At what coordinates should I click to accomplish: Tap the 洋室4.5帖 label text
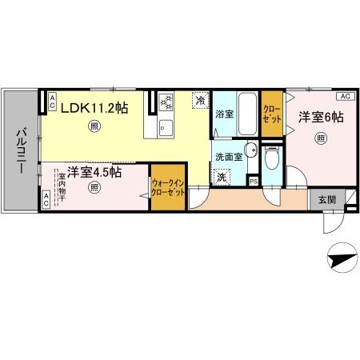coord(94,171)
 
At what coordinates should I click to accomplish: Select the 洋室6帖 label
coord(321,118)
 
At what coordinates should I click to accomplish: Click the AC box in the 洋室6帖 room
coord(345,96)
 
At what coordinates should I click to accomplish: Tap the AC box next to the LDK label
coord(52,101)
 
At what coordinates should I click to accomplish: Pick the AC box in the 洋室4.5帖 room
coord(46,203)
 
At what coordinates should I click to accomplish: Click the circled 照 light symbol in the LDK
coord(95,125)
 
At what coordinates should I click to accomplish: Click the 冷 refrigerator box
coord(199,101)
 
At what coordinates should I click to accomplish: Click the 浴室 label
coord(223,114)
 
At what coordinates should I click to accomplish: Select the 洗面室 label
coord(227,157)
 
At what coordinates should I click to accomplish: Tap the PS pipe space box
coord(254,181)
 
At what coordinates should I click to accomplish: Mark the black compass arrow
coord(341,257)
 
